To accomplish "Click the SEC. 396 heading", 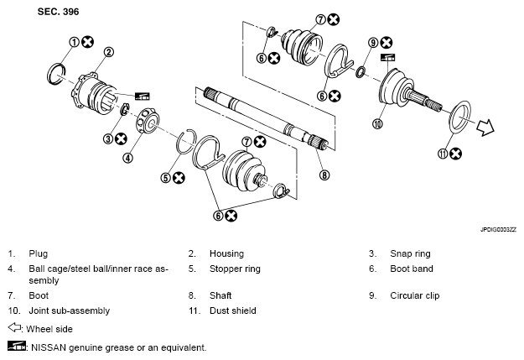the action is click(x=58, y=12).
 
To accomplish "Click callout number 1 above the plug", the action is click(x=74, y=42).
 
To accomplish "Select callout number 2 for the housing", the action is click(x=109, y=52).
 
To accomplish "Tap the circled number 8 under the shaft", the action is click(x=324, y=175).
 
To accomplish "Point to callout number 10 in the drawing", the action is click(x=377, y=124).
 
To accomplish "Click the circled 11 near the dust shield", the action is click(x=443, y=154).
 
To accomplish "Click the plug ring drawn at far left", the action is click(x=49, y=74).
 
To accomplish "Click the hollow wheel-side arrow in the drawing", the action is click(x=485, y=128).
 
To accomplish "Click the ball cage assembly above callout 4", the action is click(x=148, y=121).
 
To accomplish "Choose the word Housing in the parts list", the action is click(x=226, y=253).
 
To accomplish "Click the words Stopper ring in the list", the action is click(x=235, y=269).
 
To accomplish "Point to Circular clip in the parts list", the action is click(x=415, y=295).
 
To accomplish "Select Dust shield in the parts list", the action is click(x=233, y=310).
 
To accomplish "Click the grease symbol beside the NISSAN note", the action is click(x=17, y=346).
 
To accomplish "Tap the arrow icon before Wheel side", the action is click(x=15, y=327).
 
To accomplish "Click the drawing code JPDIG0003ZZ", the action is click(x=498, y=230).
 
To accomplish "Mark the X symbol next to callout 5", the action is click(x=179, y=178).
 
